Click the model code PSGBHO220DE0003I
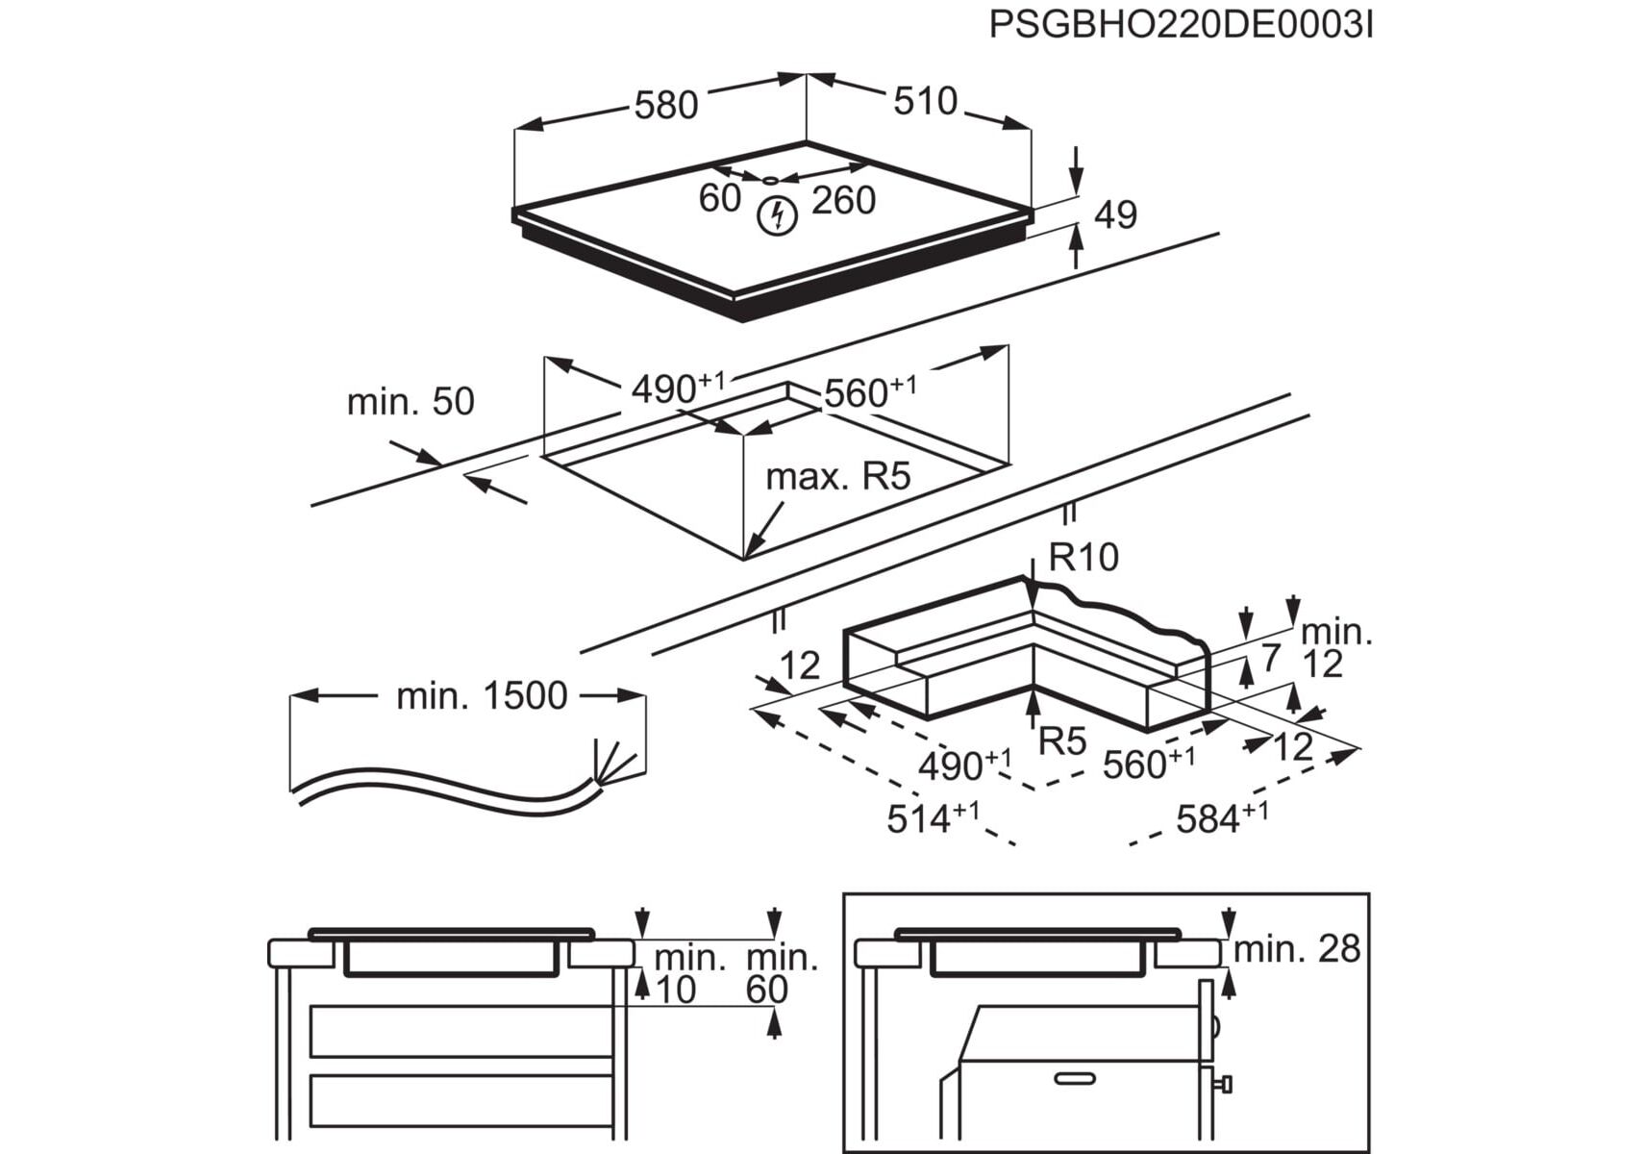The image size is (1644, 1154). click(x=1180, y=25)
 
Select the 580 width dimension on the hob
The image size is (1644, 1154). click(x=665, y=104)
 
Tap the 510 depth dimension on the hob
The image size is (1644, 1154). click(x=925, y=100)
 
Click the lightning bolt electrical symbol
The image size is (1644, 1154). click(x=777, y=215)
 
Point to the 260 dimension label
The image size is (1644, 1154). click(x=843, y=200)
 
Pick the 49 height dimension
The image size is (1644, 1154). click(x=1115, y=214)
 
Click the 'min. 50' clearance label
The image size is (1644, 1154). click(x=411, y=401)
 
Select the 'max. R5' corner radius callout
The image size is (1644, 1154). click(x=837, y=476)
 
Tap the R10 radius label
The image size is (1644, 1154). click(x=1084, y=557)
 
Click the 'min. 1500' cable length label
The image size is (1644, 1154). click(x=482, y=695)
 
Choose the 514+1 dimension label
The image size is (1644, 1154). click(x=932, y=817)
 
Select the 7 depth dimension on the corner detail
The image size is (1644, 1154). click(x=1271, y=658)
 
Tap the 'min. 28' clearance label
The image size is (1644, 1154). click(x=1296, y=949)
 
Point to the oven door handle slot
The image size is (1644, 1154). click(x=1074, y=1078)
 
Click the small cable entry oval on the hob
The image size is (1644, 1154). click(x=771, y=180)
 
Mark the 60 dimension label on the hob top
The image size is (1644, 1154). click(x=719, y=198)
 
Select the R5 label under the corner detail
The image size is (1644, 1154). click(x=1062, y=740)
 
